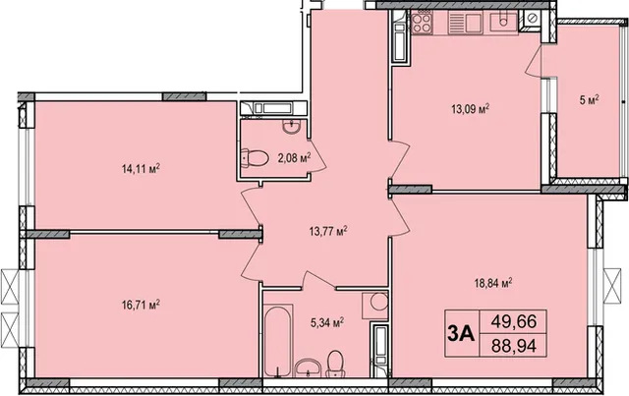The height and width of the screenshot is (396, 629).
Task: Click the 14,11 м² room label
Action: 141,169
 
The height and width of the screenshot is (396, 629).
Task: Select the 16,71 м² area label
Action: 141,305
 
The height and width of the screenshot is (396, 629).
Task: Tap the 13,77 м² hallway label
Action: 328,231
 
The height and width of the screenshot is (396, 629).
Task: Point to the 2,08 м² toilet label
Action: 294,158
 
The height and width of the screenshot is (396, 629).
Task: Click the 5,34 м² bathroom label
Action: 327,322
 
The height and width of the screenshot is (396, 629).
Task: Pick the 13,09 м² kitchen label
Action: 471,109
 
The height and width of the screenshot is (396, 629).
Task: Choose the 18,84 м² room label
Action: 493,284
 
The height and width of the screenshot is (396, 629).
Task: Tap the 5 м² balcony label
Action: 589,100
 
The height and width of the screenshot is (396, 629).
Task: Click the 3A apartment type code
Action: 461,334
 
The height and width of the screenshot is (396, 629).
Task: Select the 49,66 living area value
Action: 514,321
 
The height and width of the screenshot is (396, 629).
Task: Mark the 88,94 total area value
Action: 514,345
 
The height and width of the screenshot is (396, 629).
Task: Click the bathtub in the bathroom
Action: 278,341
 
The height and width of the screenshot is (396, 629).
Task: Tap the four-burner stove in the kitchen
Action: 422,23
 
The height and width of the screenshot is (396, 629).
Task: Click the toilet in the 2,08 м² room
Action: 256,157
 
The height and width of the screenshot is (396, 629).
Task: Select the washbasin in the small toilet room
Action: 291,127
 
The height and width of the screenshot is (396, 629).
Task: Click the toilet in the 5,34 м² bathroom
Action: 335,364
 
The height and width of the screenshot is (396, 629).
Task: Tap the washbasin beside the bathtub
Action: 308,368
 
